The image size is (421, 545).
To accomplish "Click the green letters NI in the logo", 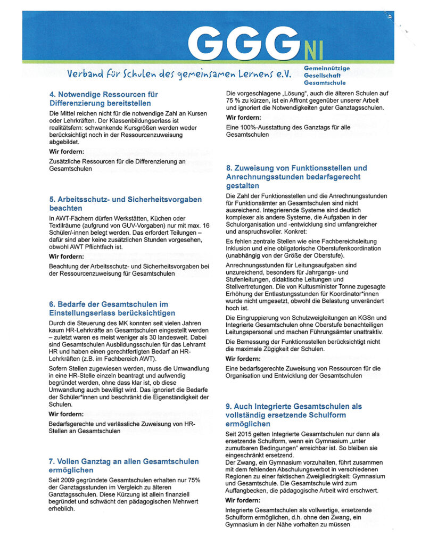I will [x=314, y=49].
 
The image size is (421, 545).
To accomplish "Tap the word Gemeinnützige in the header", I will [x=327, y=69].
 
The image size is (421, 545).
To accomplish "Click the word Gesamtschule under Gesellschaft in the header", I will [x=325, y=82].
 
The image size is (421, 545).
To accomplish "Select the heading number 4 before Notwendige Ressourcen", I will [x=52, y=94].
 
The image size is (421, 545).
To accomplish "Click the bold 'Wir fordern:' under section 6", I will [x=66, y=413].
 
